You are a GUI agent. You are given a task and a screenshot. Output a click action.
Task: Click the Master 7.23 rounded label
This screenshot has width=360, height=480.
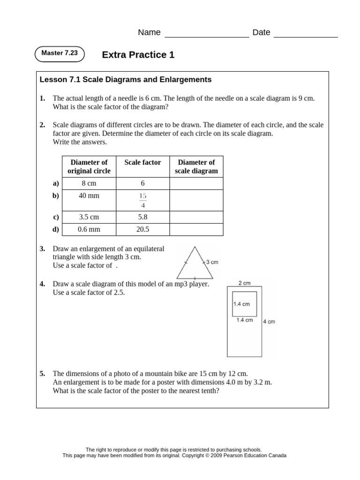pyautogui.click(x=60, y=53)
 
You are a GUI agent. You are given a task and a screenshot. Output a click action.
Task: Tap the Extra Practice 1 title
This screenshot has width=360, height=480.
pyautogui.click(x=138, y=55)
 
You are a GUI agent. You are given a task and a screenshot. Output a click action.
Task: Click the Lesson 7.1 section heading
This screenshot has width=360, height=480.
pyautogui.click(x=126, y=80)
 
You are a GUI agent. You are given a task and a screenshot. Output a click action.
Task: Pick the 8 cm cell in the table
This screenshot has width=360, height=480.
pyautogui.click(x=89, y=184)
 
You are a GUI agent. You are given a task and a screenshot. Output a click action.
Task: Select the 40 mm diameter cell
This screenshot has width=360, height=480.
pyautogui.click(x=89, y=195)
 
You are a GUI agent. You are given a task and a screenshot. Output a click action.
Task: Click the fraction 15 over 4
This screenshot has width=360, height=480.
pyautogui.click(x=142, y=200)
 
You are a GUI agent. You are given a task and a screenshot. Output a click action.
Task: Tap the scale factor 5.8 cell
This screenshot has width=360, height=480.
pyautogui.click(x=142, y=217)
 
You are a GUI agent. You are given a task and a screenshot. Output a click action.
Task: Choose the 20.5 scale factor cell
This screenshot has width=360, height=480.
pyautogui.click(x=142, y=229)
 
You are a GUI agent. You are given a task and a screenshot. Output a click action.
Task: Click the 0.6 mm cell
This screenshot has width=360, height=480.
pyautogui.click(x=89, y=229)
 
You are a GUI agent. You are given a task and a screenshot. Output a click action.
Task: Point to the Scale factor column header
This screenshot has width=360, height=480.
pyautogui.click(x=142, y=163)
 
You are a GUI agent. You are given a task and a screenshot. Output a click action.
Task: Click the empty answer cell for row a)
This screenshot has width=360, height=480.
pyautogui.click(x=196, y=184)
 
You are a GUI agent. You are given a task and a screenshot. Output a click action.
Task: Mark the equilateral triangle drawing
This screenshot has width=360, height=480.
pyautogui.click(x=194, y=265)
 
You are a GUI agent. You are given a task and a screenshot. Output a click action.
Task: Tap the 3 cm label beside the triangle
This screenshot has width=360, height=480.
pyautogui.click(x=212, y=262)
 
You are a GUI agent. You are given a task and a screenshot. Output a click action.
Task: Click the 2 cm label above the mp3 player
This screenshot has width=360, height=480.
pyautogui.click(x=244, y=283)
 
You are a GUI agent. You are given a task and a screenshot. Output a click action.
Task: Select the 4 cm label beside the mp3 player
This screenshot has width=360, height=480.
pyautogui.click(x=269, y=322)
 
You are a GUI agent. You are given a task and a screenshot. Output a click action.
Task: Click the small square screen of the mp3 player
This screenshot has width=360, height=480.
pyautogui.click(x=244, y=303)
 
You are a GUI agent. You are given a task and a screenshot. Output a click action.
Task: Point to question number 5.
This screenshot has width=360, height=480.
pyautogui.click(x=42, y=374)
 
